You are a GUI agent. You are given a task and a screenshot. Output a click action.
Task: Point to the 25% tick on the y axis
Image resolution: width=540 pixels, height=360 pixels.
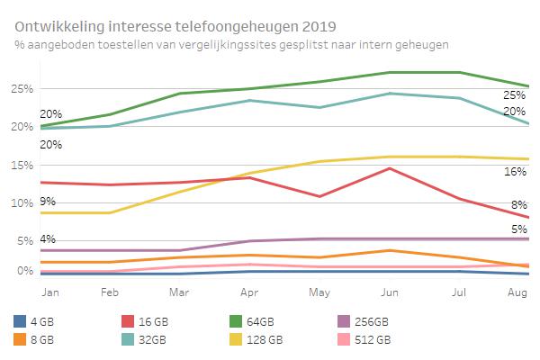coord(23,88)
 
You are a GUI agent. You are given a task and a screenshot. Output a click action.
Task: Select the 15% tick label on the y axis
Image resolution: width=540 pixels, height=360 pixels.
coord(23,166)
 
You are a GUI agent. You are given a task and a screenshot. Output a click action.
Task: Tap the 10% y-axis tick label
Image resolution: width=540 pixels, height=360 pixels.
coord(23,203)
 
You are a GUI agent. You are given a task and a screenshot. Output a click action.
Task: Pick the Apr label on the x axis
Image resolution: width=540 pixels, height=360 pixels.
coord(250,293)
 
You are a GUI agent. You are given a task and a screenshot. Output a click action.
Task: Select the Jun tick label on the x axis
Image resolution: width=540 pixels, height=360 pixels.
coord(390,293)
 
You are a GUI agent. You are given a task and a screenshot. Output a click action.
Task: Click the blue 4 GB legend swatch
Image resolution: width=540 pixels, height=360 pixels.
coord(20,321)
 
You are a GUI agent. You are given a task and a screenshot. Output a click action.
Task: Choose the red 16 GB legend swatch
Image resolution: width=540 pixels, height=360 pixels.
coord(126,321)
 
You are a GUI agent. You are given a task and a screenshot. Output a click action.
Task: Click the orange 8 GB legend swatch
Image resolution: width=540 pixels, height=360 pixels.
coord(20,339)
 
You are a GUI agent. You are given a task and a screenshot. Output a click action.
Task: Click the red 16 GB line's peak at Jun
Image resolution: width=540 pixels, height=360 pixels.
coord(389,168)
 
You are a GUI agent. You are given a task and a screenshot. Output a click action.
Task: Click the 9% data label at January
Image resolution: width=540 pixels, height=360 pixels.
coord(48,202)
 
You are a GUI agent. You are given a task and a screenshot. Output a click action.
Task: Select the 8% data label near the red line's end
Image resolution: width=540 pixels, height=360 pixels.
coord(519,205)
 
